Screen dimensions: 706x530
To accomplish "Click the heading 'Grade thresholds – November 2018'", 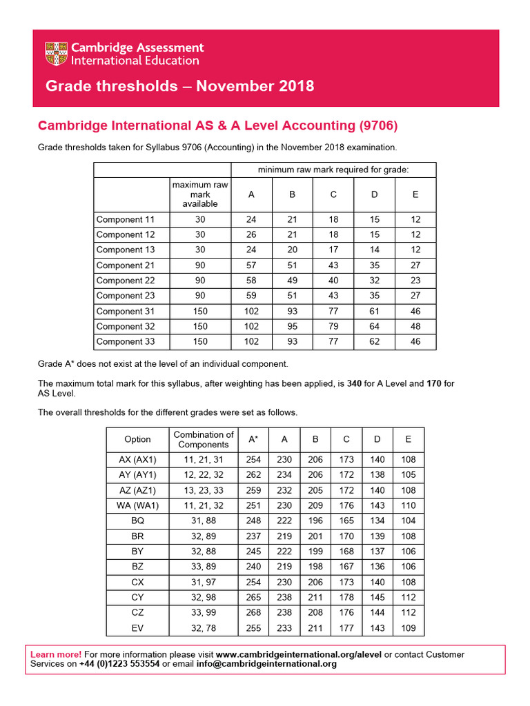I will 179,86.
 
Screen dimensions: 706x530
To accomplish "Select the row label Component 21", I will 126,265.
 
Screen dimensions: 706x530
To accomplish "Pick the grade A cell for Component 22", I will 251,281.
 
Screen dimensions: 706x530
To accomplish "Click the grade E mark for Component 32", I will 415,326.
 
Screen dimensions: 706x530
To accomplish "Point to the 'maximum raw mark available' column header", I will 200,194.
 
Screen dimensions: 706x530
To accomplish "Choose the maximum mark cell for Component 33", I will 200,341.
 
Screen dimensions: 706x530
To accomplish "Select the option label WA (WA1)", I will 137,505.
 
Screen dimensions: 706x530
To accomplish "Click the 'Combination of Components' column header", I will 204,439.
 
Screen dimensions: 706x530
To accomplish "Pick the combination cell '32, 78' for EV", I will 204,628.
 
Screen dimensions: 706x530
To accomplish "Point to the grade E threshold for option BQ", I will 408,521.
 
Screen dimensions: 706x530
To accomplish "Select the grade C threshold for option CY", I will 346,598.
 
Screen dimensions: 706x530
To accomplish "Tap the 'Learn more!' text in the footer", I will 56,654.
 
